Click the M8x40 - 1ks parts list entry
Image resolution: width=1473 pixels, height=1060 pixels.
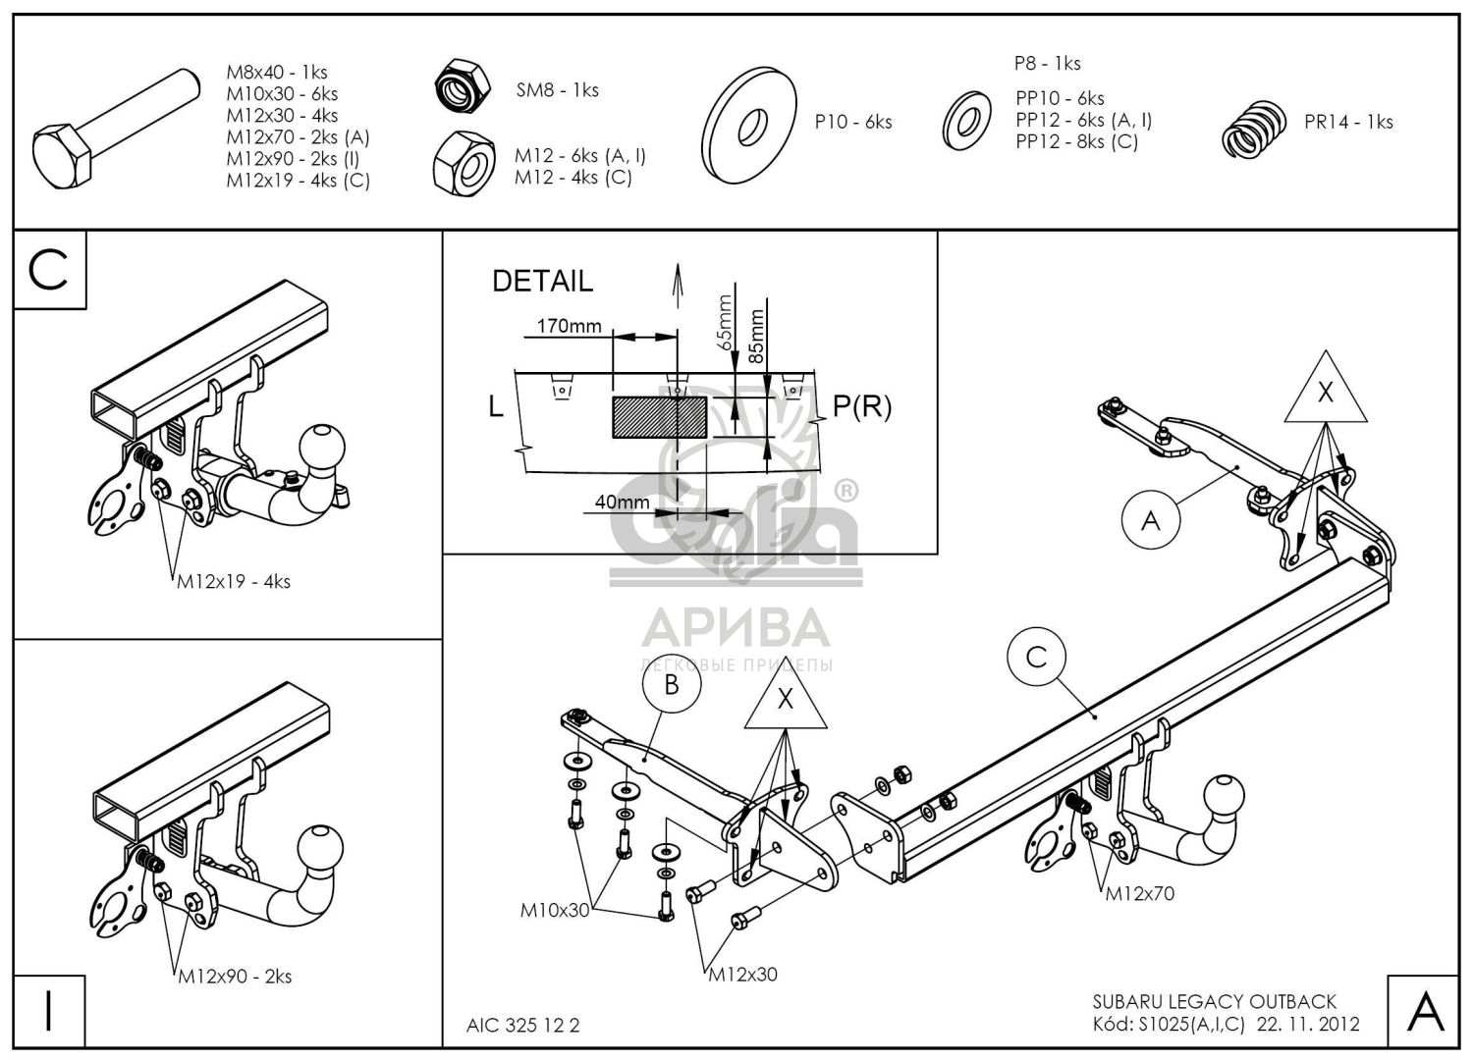(x=277, y=72)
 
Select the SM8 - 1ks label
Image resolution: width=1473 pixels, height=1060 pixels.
(x=557, y=90)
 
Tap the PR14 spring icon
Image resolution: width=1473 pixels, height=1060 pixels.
(x=1254, y=129)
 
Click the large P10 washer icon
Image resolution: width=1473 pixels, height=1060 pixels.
(x=748, y=125)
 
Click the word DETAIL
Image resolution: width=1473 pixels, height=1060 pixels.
(x=542, y=282)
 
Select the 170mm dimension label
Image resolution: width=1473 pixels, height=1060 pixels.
(x=569, y=325)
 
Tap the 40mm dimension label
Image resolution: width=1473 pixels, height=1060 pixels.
(x=622, y=503)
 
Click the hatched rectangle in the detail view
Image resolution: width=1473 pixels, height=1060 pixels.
(x=660, y=417)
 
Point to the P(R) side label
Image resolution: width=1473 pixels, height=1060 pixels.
(x=862, y=407)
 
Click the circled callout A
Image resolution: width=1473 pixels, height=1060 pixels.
(x=1151, y=520)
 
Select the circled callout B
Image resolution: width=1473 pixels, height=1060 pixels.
(x=672, y=685)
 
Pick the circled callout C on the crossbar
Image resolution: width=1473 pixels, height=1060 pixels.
(x=1036, y=658)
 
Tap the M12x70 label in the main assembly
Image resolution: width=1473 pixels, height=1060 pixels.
(x=1139, y=893)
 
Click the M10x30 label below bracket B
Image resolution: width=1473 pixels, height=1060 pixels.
(x=555, y=910)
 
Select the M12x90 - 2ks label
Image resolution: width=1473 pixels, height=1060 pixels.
(x=235, y=977)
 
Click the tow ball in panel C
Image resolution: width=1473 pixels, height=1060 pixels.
(x=321, y=447)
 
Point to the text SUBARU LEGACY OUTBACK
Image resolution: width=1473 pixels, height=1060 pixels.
(x=1215, y=1001)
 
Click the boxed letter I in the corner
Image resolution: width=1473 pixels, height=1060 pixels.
(x=49, y=1011)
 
